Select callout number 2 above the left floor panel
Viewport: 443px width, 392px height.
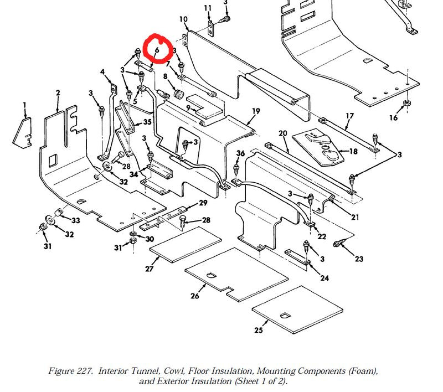[58, 93]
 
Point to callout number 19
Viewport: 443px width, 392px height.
[255, 111]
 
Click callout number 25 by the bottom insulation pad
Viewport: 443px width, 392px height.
[259, 330]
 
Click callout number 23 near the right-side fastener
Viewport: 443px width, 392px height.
[359, 259]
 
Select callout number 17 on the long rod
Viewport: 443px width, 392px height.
[349, 116]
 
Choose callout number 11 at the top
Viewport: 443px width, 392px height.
[208, 8]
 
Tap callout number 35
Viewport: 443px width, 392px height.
[147, 122]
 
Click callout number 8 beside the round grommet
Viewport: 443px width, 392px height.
[164, 76]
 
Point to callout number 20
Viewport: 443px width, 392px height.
[282, 133]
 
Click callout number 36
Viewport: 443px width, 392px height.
[240, 153]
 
